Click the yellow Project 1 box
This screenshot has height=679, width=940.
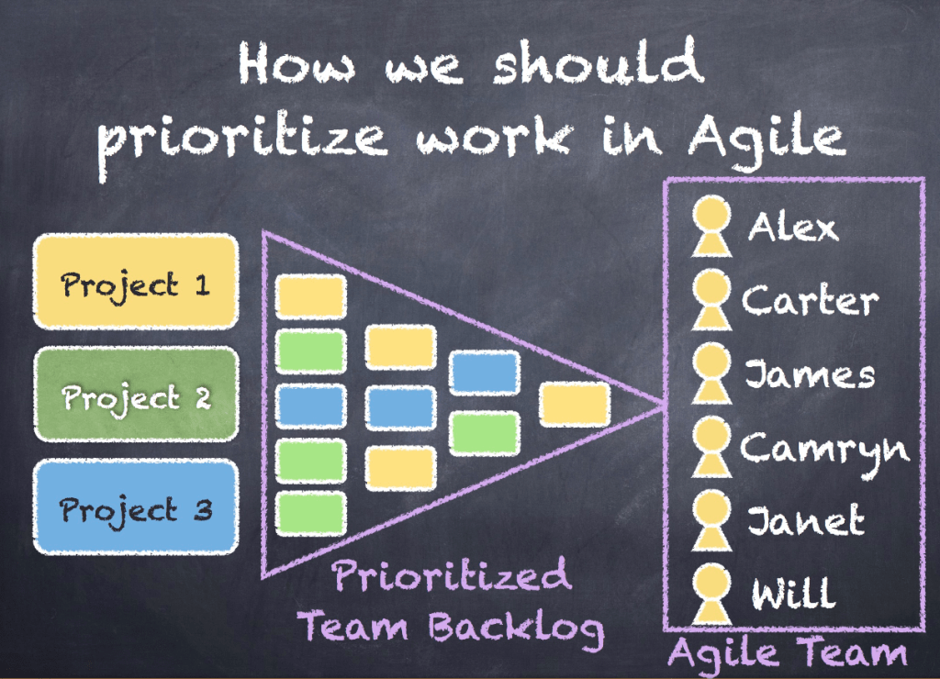point(136,282)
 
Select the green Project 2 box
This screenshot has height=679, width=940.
point(136,395)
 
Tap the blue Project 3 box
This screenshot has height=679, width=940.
point(136,507)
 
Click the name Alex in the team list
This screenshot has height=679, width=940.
point(792,228)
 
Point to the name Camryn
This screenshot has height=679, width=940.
point(825,451)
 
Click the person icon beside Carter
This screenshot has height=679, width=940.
point(711,300)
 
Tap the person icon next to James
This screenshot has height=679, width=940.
point(711,373)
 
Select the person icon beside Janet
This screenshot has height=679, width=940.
point(711,520)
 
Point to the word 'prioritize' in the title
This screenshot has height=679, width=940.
point(242,140)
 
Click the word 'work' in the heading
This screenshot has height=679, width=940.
point(495,139)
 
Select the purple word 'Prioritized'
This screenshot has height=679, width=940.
point(451,575)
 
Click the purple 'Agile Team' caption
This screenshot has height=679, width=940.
point(788,653)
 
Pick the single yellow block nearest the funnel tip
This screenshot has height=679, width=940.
point(575,406)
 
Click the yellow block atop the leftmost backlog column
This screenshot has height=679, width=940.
point(310,296)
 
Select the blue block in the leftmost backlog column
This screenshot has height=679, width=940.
point(310,406)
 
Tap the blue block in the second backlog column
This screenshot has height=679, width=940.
point(400,408)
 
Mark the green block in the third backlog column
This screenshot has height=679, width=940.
point(485,433)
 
